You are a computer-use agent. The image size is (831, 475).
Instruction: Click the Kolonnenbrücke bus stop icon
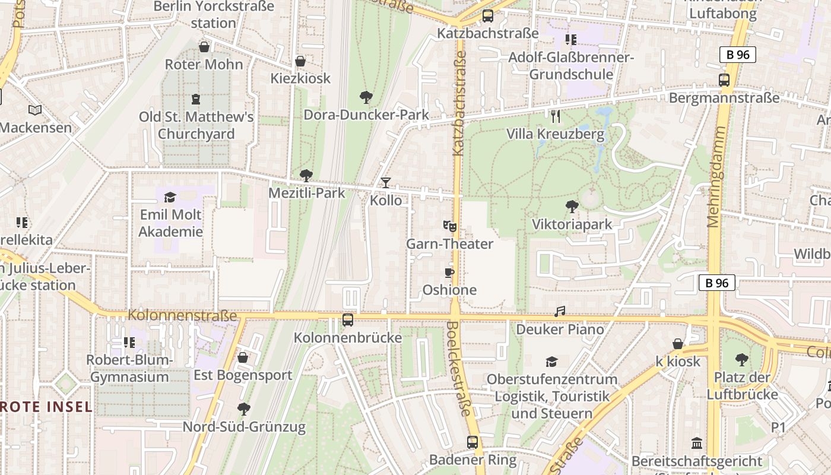(348, 320)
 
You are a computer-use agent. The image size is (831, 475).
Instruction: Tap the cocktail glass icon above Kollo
(386, 183)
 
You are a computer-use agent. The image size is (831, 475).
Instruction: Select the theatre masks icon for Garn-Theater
(450, 226)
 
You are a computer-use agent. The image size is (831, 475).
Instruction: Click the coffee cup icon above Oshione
(449, 273)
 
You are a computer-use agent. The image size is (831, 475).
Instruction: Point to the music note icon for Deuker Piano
(559, 312)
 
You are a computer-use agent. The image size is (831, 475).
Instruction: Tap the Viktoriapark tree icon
(572, 207)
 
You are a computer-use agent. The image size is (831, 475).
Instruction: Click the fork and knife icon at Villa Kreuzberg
(555, 116)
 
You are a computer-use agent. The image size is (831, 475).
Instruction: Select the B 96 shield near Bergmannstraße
(738, 55)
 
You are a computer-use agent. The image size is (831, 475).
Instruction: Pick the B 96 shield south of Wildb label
(717, 283)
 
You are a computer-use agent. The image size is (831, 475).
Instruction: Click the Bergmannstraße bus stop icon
(724, 80)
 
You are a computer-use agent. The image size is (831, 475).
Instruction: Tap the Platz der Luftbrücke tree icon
(741, 359)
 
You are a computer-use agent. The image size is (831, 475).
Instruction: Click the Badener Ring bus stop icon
(472, 442)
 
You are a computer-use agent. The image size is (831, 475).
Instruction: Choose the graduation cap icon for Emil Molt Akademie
(170, 197)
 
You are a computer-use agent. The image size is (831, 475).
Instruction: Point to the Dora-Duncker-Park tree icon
(366, 97)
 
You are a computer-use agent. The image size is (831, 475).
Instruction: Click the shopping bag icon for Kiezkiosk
(300, 61)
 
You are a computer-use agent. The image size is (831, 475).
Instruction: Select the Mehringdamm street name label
(714, 185)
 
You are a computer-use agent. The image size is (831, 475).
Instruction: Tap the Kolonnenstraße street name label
(182, 315)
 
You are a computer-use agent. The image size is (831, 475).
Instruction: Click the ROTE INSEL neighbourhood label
(46, 407)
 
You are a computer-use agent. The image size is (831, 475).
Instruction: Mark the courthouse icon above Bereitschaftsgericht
(697, 443)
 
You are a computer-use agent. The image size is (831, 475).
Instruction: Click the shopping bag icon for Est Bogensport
(242, 357)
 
